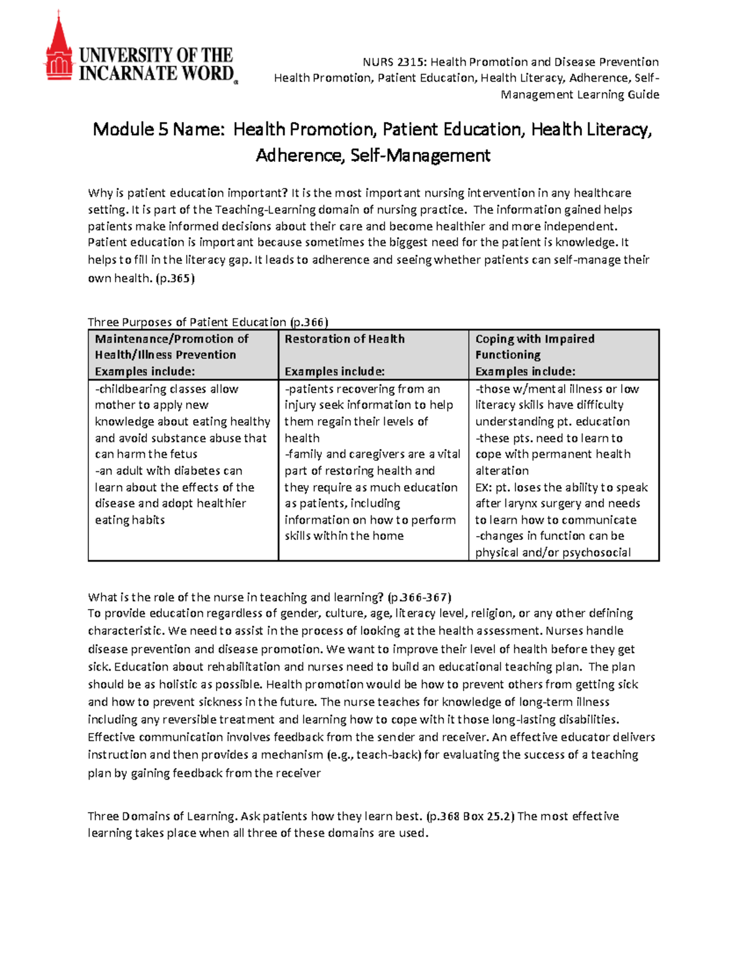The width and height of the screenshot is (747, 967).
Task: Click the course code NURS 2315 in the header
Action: (395, 62)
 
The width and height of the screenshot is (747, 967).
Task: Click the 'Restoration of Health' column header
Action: (344, 339)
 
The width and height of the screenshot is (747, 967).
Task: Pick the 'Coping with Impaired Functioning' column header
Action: (534, 346)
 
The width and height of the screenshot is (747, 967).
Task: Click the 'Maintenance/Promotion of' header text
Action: (171, 339)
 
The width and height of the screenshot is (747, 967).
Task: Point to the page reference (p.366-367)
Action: (419, 597)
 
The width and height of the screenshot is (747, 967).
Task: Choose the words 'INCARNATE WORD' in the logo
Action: (156, 73)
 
